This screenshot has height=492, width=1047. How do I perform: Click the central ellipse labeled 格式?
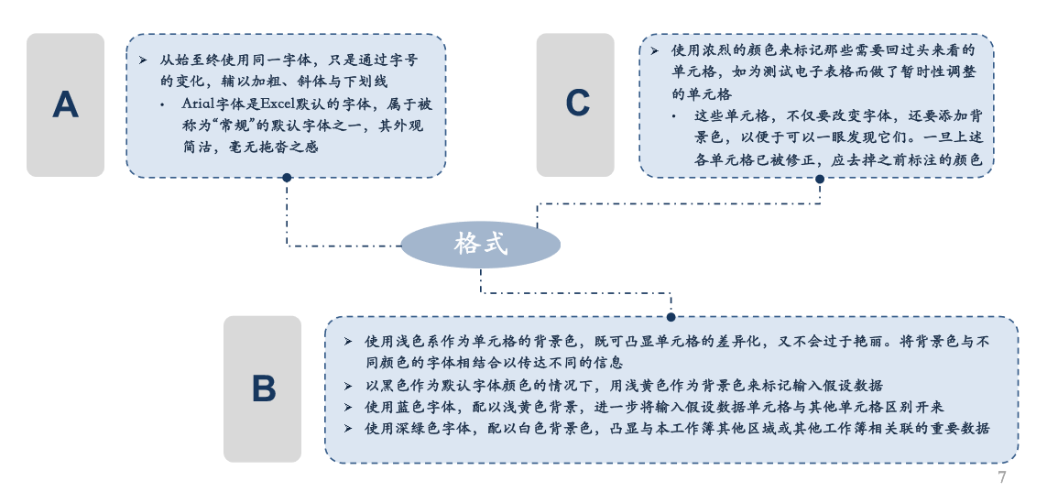480,245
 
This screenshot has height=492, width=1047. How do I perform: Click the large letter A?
65,104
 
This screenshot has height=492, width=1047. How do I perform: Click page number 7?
1001,477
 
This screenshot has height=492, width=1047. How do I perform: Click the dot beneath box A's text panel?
287,178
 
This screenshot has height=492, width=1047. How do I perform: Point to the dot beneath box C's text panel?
820,179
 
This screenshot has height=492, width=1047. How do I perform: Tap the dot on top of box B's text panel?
671,317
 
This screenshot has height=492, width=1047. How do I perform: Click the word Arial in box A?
197,104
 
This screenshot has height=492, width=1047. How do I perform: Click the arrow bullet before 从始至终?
143,60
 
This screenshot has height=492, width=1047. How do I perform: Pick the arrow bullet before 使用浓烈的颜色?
656,50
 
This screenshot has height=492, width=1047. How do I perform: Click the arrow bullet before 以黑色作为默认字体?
348,386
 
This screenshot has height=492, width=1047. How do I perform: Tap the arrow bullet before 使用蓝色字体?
348,407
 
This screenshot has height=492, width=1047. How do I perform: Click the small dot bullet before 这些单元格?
674,117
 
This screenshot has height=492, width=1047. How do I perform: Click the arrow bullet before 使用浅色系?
348,342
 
